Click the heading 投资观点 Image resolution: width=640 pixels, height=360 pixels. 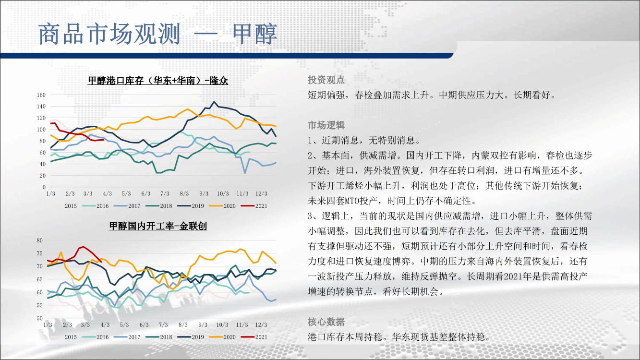point(326,80)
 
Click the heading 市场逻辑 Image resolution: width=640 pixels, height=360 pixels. point(326,125)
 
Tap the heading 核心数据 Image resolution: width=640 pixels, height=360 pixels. point(326,322)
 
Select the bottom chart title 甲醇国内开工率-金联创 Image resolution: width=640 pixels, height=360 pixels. point(157,226)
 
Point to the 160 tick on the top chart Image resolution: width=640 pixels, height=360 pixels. point(41,95)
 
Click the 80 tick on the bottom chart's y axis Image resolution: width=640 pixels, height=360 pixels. point(39,240)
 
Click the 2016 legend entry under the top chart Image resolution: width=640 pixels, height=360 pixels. point(95,206)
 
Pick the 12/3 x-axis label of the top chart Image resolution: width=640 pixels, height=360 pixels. point(261,194)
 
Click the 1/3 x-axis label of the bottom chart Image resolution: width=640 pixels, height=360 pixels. point(48,325)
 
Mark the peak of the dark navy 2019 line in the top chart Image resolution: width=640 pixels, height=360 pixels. point(214,102)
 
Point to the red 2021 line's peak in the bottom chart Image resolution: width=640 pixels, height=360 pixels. point(83,247)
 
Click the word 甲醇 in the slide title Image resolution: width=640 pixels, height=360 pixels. point(254,34)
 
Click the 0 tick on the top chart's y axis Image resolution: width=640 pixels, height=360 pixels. point(44,187)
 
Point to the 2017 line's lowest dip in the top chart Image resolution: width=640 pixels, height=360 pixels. point(245,173)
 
